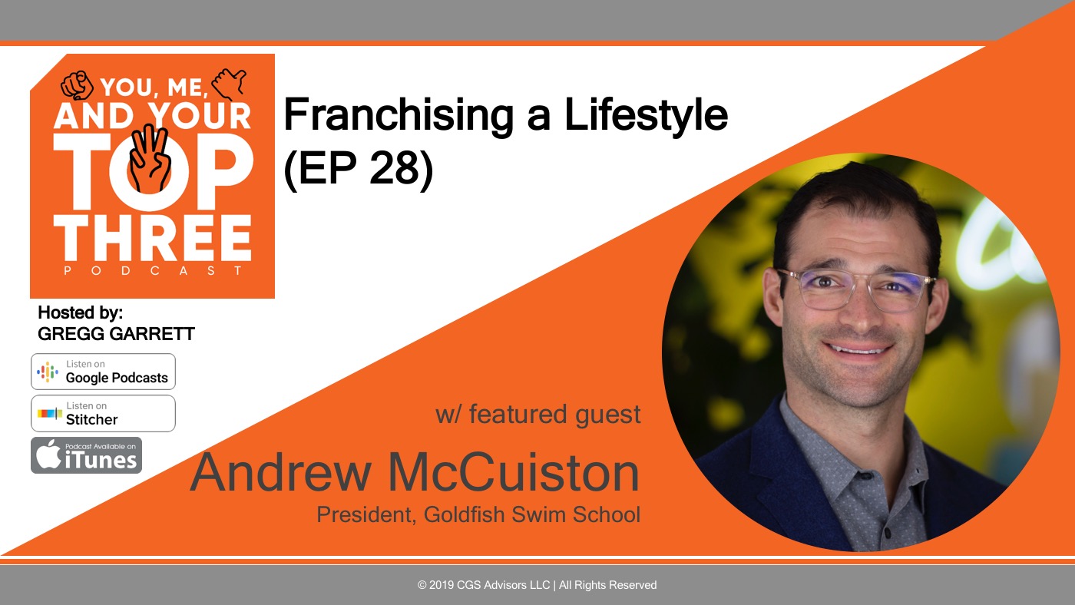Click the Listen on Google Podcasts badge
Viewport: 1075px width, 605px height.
tap(103, 372)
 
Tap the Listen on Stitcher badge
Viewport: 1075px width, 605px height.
tap(103, 413)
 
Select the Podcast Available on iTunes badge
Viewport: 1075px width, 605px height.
tap(86, 455)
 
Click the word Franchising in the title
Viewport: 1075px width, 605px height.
tap(399, 115)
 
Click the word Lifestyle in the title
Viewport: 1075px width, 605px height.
tap(646, 115)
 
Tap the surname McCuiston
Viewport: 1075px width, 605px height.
tap(514, 473)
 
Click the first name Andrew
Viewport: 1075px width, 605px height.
tap(281, 473)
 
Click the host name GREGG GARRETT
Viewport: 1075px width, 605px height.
tap(116, 334)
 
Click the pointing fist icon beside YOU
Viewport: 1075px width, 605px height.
tap(77, 85)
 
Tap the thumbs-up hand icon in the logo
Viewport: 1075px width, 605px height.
tap(229, 84)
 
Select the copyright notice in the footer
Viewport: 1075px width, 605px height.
tap(537, 585)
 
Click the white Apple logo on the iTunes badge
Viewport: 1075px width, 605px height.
tap(48, 454)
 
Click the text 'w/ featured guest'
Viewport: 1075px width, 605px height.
tap(538, 414)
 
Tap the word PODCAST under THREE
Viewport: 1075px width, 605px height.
tap(153, 270)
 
